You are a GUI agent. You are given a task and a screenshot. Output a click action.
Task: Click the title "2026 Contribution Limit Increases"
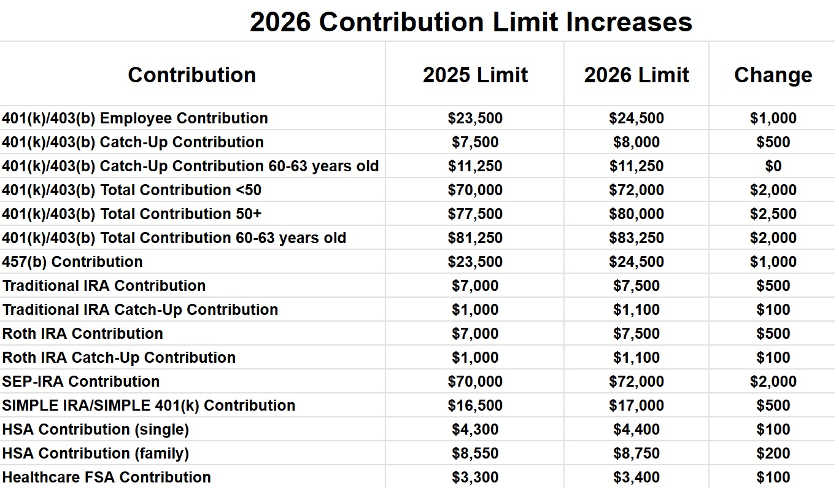click(x=471, y=22)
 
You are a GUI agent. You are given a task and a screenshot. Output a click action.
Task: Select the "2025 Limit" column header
click(x=475, y=75)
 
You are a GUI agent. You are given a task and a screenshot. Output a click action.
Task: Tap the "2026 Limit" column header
click(x=636, y=75)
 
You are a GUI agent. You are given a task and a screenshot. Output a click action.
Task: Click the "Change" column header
click(x=773, y=75)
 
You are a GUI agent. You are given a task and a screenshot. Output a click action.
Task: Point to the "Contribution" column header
click(x=191, y=75)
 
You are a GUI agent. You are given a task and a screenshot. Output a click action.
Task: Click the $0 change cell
click(x=773, y=166)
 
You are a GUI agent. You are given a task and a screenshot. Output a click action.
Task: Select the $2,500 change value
click(x=773, y=214)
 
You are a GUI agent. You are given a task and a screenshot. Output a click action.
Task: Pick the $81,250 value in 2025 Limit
click(x=475, y=238)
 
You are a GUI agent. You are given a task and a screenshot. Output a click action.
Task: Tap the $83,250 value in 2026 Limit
click(x=636, y=238)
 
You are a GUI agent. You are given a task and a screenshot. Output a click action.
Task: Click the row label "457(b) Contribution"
click(x=72, y=262)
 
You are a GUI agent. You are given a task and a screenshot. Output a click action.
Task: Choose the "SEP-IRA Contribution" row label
click(x=81, y=381)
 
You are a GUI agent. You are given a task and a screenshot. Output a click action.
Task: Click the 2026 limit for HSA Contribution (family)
click(x=636, y=454)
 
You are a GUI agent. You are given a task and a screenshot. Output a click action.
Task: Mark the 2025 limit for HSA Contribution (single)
click(x=475, y=430)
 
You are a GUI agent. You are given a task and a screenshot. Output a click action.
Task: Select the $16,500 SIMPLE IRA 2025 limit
click(x=475, y=406)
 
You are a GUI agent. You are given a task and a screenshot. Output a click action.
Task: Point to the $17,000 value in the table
click(x=636, y=406)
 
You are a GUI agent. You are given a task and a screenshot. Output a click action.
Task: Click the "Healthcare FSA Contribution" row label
click(x=107, y=478)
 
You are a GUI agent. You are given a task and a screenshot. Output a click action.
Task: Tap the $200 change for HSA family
click(x=773, y=454)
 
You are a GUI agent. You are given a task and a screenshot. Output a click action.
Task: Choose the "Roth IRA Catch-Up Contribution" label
click(x=119, y=358)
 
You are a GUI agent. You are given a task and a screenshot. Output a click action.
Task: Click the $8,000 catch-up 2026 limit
click(x=636, y=142)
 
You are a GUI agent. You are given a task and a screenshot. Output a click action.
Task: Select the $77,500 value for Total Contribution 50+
click(x=475, y=214)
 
